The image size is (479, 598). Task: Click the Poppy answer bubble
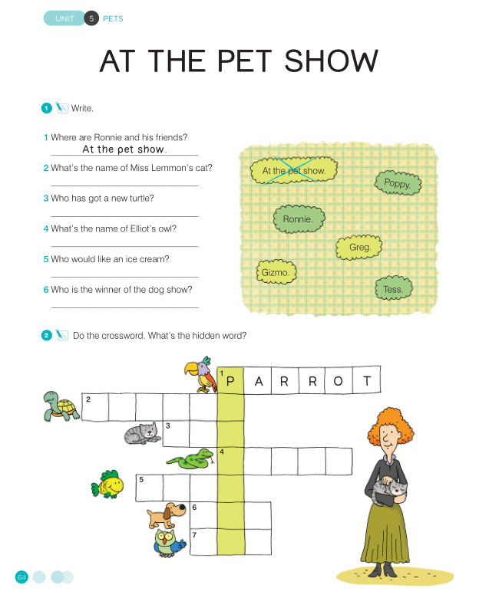pos(398,183)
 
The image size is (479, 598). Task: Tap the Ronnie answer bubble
pos(299,219)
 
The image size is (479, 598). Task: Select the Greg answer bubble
pos(359,247)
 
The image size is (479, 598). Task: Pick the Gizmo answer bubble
pos(276,272)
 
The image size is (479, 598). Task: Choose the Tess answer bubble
pos(394,289)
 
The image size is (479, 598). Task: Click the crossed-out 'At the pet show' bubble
pos(294,170)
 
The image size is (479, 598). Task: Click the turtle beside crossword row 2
pos(61,406)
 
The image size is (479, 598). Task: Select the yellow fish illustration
pos(107,485)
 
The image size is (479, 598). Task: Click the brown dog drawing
pos(166,515)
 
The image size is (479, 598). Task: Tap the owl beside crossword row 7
pos(169,543)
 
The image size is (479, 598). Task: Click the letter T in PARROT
pos(367,380)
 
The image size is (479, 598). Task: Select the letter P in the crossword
pos(230,380)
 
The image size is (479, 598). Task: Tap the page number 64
pos(21,577)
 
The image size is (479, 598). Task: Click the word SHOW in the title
pos(331,61)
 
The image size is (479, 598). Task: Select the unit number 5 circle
pos(91,18)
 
